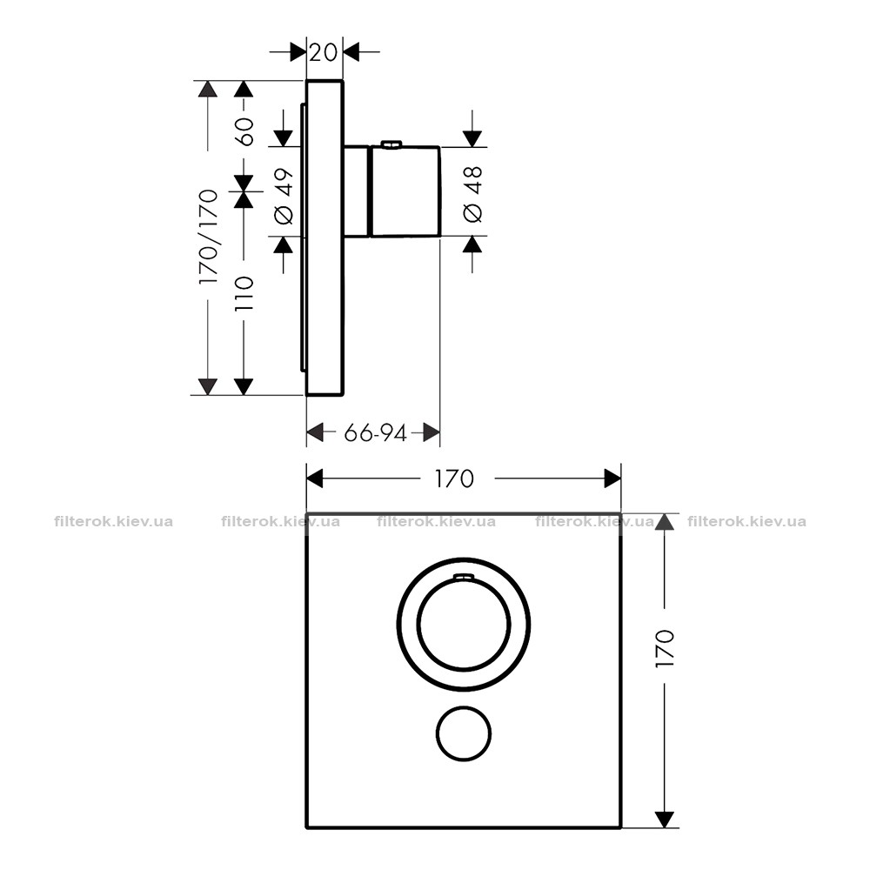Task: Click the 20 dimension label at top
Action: pos(324,52)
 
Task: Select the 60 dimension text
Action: pos(244,131)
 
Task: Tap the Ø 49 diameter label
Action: pos(284,197)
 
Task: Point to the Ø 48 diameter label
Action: pos(472,194)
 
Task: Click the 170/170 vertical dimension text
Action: pos(209,238)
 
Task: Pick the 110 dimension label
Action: pos(244,293)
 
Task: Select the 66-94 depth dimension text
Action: pos(376,432)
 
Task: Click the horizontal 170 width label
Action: pos(454,478)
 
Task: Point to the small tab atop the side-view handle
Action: pos(391,144)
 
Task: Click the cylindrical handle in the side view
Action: pos(405,192)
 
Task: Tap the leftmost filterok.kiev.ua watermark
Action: pos(114,521)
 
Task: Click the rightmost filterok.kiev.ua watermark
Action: pos(746,521)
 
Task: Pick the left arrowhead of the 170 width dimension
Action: pos(315,478)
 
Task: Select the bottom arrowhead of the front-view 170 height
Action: pos(664,820)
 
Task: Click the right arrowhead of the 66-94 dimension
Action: pos(432,432)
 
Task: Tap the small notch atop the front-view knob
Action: pos(464,578)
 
